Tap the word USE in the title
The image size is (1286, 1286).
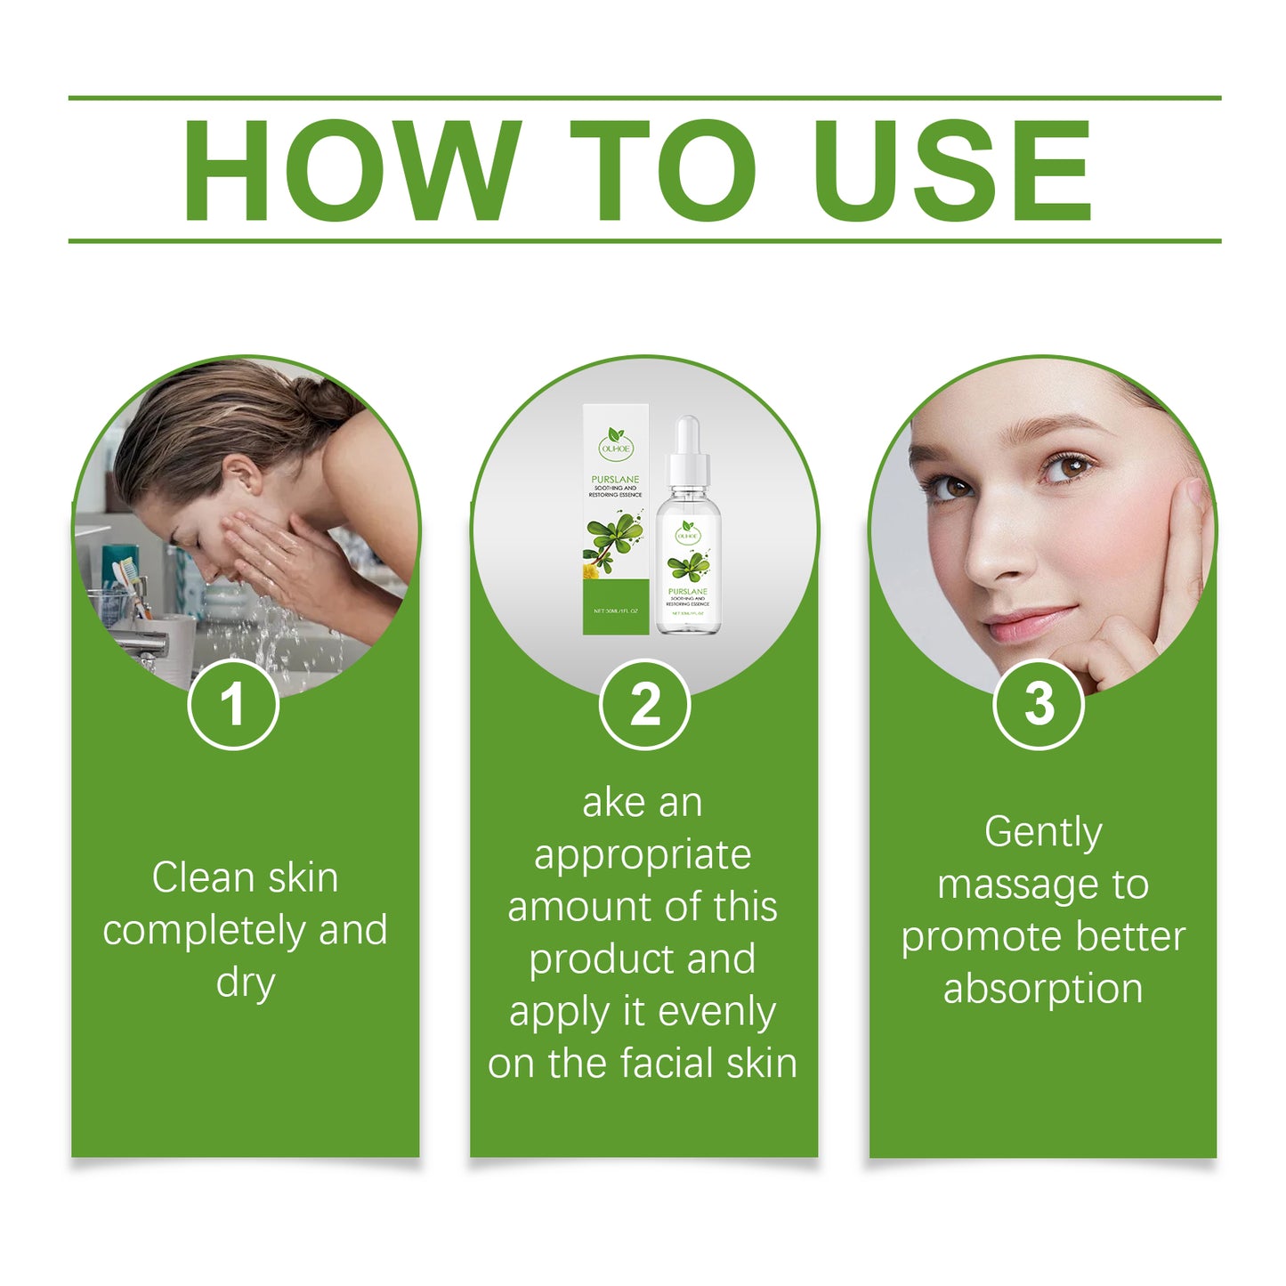[x=951, y=170]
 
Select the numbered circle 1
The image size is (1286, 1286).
[x=233, y=704]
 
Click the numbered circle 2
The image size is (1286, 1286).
[x=644, y=704]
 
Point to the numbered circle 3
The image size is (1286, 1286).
[x=1039, y=704]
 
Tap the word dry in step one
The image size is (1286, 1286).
[x=245, y=983]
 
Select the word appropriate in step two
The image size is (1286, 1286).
[x=643, y=856]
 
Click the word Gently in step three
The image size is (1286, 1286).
[x=1043, y=833]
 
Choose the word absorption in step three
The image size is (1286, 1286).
[x=1043, y=990]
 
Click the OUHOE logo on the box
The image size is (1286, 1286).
[x=615, y=443]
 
